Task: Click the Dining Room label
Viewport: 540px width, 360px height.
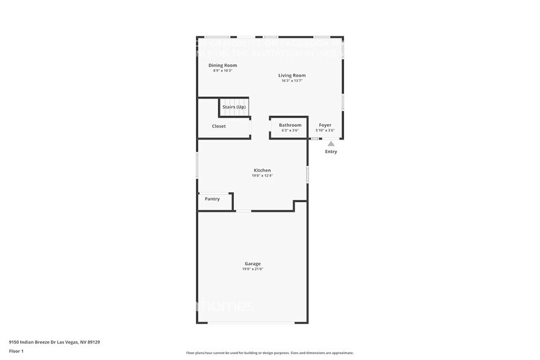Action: click(x=223, y=65)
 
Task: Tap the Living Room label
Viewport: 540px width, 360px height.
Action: click(x=292, y=75)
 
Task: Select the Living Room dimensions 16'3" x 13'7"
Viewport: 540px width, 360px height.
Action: click(x=292, y=81)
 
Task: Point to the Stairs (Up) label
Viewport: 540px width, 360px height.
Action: click(x=234, y=107)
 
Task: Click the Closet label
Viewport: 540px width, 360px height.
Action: click(x=219, y=126)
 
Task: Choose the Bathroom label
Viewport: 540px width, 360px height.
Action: click(x=290, y=125)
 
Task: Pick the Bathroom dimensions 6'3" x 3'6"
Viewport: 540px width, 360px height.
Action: click(x=290, y=130)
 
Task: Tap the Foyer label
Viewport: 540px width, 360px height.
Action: click(x=325, y=125)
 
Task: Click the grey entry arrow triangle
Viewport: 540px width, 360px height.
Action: click(x=331, y=144)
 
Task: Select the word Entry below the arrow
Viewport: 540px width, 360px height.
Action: click(x=331, y=152)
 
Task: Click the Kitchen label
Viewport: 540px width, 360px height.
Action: click(x=262, y=170)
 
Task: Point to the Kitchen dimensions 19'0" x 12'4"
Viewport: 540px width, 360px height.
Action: click(x=262, y=176)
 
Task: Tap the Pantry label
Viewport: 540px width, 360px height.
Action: click(x=212, y=199)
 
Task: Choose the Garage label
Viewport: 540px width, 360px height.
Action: click(x=252, y=263)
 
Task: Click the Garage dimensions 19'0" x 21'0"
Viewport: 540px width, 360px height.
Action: click(x=252, y=269)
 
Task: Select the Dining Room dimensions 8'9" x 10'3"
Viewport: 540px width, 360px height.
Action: click(x=223, y=70)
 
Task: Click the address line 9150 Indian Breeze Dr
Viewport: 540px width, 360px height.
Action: click(x=54, y=342)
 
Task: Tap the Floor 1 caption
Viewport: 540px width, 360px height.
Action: click(x=16, y=351)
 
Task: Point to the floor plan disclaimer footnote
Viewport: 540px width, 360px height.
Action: click(x=269, y=353)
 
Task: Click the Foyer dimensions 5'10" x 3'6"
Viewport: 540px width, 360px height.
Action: click(x=325, y=130)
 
